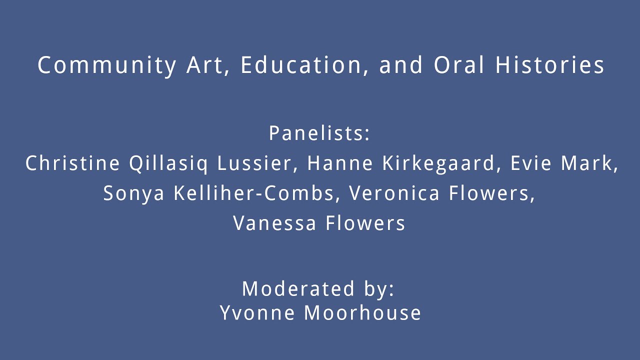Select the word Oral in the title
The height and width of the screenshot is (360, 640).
[459, 64]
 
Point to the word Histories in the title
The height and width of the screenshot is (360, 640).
[549, 64]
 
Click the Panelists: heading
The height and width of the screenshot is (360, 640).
[319, 133]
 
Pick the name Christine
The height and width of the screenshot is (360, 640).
[72, 163]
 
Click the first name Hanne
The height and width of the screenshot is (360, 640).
[340, 163]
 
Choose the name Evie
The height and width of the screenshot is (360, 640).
[531, 163]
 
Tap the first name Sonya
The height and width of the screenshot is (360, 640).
[133, 193]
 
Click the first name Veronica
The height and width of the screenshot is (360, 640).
[394, 193]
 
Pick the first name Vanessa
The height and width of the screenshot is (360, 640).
[275, 223]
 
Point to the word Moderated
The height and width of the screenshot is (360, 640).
[298, 288]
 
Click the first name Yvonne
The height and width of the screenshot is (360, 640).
[257, 312]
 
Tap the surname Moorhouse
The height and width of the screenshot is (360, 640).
[362, 312]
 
